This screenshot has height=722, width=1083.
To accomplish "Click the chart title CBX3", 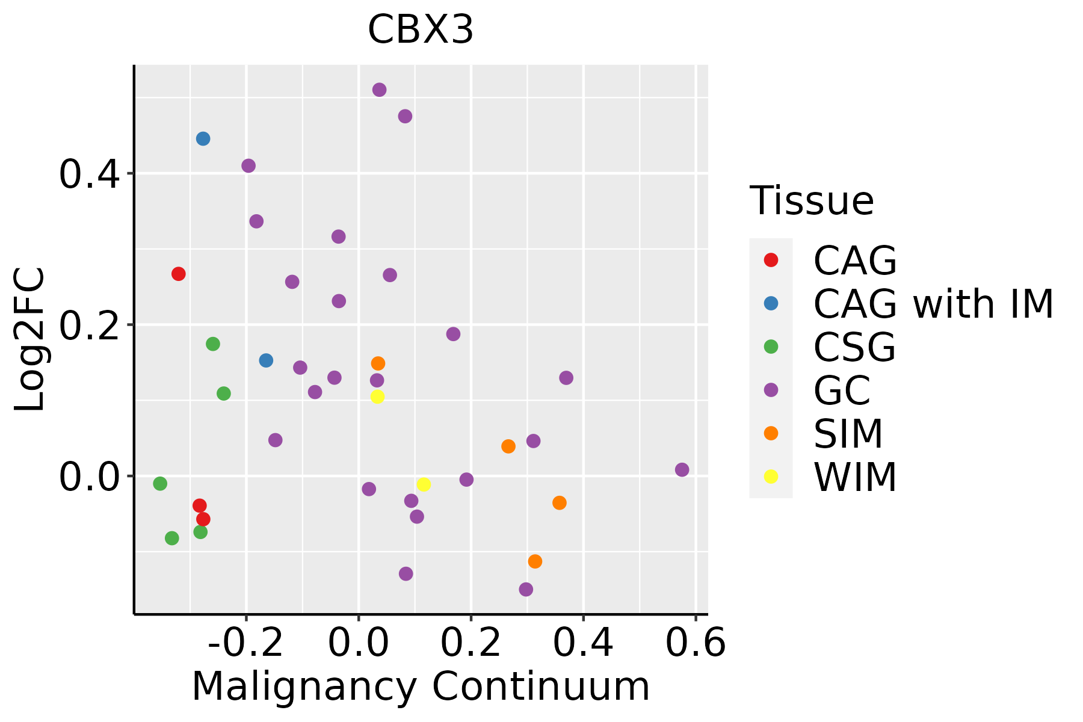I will click(x=421, y=30).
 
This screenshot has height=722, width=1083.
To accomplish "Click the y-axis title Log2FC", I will click(x=30, y=340).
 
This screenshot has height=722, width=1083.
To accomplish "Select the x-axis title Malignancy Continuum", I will click(x=421, y=687).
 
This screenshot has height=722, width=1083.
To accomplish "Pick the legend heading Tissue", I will click(x=811, y=201).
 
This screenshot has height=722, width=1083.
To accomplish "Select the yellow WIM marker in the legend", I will click(x=771, y=477).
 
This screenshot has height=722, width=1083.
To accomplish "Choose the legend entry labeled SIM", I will click(x=848, y=434).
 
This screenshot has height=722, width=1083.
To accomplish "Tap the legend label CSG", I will click(x=854, y=347).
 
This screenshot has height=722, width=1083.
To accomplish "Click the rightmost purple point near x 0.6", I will click(x=682, y=470).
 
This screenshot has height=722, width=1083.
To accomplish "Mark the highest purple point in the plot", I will click(x=379, y=90).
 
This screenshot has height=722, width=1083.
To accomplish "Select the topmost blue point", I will click(x=203, y=139).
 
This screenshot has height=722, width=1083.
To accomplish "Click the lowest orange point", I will click(x=535, y=561).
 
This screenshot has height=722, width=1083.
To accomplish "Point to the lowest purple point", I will click(x=526, y=589).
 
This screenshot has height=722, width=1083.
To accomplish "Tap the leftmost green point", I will click(x=160, y=484).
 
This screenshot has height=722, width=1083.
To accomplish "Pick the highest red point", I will click(x=179, y=274).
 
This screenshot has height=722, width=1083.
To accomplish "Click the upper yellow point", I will click(x=377, y=396).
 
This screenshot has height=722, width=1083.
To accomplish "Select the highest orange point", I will click(x=378, y=363).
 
